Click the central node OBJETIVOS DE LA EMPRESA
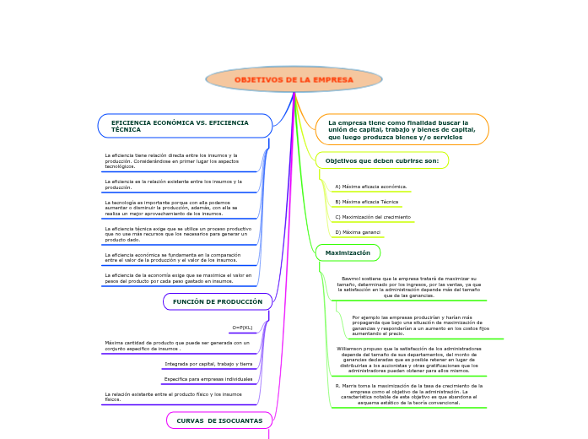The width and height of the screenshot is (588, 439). pos(294,79)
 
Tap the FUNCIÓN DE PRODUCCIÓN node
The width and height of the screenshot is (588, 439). pos(218,301)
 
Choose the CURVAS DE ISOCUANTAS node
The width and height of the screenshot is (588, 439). pos(219,420)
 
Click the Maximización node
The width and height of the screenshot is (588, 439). pos(348,252)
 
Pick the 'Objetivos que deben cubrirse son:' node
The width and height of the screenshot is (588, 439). pos(381,160)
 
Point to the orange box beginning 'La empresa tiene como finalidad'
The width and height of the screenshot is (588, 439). pos(402,129)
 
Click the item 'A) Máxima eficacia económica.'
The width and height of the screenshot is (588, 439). pos(371,187)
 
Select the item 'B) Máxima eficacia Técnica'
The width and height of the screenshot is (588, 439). pos(367,202)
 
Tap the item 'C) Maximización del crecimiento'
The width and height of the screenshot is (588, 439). pos(373,217)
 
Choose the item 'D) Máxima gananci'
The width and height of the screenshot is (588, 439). pos(358,231)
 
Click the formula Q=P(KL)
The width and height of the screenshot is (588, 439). pos(242,328)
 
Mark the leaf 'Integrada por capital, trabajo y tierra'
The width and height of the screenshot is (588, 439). pos(208,364)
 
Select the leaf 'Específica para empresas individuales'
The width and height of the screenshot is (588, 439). pos(208,379)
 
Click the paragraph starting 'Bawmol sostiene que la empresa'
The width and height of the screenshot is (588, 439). pos(409,286)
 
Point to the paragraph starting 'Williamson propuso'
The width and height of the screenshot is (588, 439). pos(409,359)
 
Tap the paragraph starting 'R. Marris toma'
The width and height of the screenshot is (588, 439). pos(409,393)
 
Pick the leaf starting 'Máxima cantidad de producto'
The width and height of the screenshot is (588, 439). pos(177,345)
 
